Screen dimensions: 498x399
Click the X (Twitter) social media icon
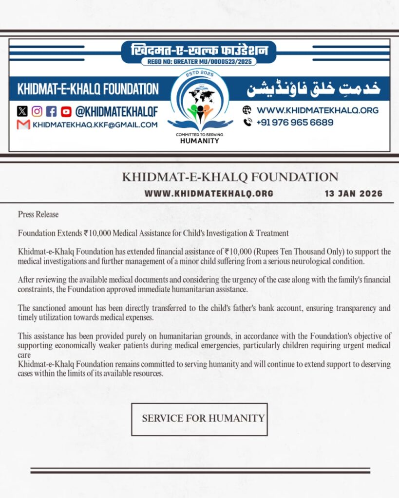click(22, 111)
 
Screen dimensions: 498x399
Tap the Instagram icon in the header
click(37, 111)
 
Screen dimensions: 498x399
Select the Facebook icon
click(52, 111)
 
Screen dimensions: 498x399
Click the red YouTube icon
click(66, 111)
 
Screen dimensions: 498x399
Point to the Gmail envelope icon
click(23, 124)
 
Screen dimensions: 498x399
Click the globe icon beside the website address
click(247, 110)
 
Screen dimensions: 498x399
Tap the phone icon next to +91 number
click(247, 123)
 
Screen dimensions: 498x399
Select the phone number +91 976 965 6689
click(295, 123)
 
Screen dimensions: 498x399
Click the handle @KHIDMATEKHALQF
click(116, 111)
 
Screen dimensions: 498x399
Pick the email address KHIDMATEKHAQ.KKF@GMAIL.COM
click(95, 125)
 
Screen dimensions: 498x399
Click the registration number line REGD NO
click(199, 62)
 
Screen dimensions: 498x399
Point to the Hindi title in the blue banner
click(199, 51)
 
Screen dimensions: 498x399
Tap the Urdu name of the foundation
click(312, 89)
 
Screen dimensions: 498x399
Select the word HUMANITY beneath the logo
click(200, 141)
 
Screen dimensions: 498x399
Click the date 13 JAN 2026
click(353, 194)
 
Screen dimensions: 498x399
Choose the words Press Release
click(38, 214)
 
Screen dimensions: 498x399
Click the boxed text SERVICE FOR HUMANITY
click(203, 418)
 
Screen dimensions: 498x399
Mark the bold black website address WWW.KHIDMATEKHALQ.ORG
click(209, 194)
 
